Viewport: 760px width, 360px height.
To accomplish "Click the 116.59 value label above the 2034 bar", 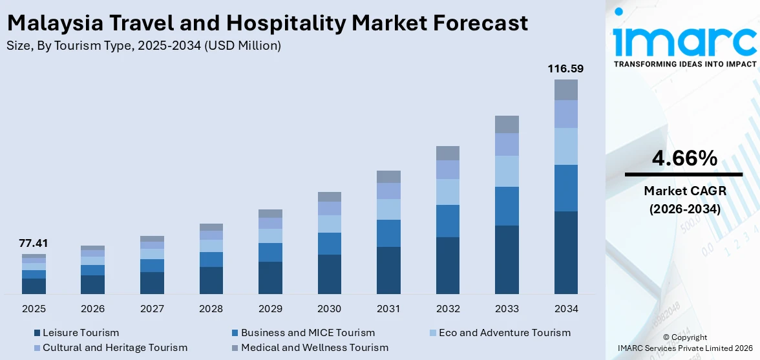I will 565,68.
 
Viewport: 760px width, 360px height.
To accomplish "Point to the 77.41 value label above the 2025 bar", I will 34,243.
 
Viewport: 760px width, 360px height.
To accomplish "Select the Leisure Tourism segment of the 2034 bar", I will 565,252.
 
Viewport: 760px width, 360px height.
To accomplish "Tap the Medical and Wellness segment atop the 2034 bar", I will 565,90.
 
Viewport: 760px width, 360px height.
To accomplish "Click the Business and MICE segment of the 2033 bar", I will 507,206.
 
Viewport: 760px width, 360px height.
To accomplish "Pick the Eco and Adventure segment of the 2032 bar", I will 447,192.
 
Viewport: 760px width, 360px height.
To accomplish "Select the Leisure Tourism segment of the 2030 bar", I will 329,274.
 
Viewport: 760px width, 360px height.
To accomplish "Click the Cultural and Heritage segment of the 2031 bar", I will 388,191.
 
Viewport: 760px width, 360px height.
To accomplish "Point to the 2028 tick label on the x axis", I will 211,309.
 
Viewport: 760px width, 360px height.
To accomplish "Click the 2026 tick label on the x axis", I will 92,309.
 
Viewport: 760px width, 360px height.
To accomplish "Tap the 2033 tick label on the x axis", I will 507,309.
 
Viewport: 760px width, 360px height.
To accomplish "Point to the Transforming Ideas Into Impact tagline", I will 684,64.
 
